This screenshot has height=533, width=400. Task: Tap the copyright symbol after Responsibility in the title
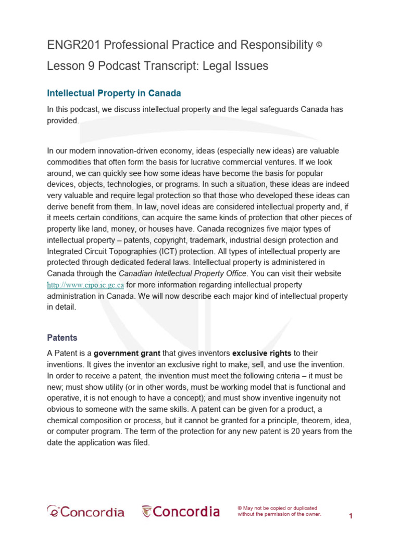pos(319,45)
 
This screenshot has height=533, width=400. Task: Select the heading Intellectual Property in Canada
pos(114,94)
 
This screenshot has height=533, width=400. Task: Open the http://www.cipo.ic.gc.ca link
pos(85,285)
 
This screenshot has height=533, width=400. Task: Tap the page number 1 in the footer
pos(351,516)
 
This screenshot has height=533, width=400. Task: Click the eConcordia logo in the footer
pos(86,512)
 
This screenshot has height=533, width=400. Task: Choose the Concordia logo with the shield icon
pos(181,512)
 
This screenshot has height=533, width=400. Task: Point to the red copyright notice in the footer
pos(279,511)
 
